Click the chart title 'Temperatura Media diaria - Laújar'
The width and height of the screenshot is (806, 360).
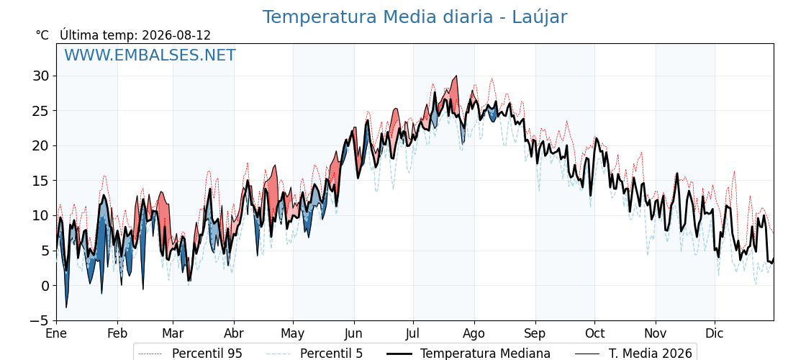[x=415, y=17]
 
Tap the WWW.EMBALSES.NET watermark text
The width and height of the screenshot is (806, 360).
[x=150, y=55]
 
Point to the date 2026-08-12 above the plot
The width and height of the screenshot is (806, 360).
[x=176, y=35]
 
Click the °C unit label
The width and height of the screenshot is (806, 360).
[x=42, y=35]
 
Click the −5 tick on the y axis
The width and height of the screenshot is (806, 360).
[x=39, y=321]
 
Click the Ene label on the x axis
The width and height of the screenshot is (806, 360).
[x=56, y=334]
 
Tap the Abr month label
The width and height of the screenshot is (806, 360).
[x=234, y=334]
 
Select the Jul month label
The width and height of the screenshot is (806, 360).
[x=413, y=334]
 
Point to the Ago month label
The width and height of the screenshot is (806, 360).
[x=474, y=334]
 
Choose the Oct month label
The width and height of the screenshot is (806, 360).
[x=594, y=334]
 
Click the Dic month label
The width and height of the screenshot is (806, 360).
[x=715, y=334]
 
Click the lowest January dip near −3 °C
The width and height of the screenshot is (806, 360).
[x=65, y=307]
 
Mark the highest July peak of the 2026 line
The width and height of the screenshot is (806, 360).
[x=456, y=76]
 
